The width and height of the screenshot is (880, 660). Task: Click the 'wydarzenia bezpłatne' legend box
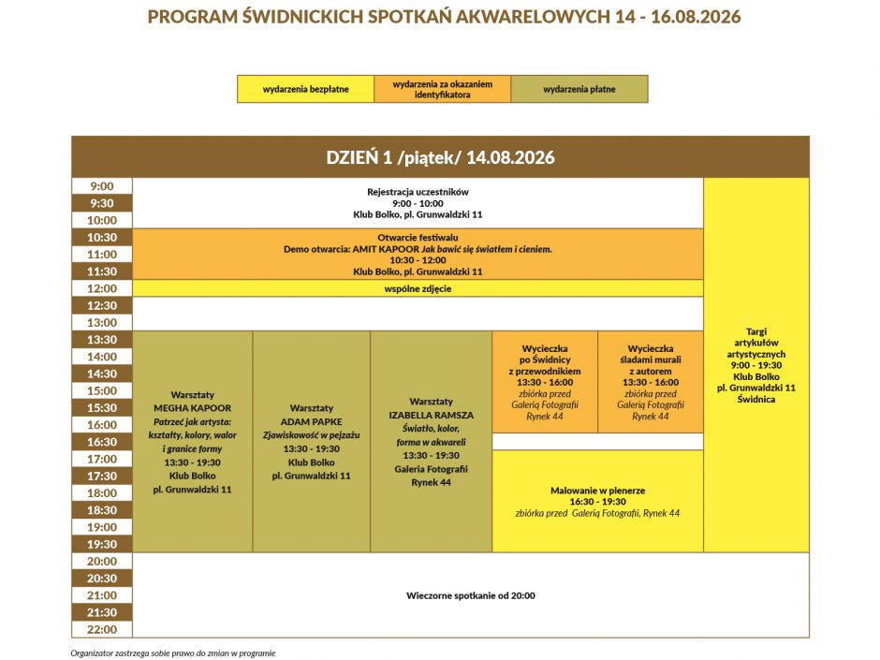pos(305,89)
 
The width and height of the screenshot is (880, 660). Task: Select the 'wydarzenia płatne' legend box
pos(579,89)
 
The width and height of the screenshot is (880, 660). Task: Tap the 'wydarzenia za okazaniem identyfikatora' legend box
pos(443,89)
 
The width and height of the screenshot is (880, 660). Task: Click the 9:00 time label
pos(102,186)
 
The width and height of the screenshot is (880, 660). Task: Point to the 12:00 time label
pos(102,288)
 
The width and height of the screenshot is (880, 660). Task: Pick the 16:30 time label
pos(102,442)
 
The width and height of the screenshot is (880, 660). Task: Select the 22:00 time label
pos(102,629)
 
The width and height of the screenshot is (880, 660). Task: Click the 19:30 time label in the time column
pos(102,544)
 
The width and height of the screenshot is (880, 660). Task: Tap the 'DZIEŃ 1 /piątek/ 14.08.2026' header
pos(440,157)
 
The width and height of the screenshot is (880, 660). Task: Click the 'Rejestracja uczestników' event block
pos(418,203)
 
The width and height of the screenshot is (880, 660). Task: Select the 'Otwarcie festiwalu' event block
pos(418,255)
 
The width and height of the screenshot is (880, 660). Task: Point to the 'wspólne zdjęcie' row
pos(418,288)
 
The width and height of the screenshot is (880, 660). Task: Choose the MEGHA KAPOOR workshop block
pos(192,442)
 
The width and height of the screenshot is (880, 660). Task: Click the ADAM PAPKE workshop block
pos(312,442)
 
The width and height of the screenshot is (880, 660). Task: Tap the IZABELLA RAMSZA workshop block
pos(431,442)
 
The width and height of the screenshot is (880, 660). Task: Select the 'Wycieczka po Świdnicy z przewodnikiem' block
pos(545,382)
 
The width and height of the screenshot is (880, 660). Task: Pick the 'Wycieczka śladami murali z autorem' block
pos(651,382)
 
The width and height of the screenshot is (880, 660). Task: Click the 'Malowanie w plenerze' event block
pos(597,501)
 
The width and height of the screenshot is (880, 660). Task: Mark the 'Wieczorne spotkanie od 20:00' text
pos(471,595)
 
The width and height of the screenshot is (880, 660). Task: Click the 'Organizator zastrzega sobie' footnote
pos(173,653)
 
